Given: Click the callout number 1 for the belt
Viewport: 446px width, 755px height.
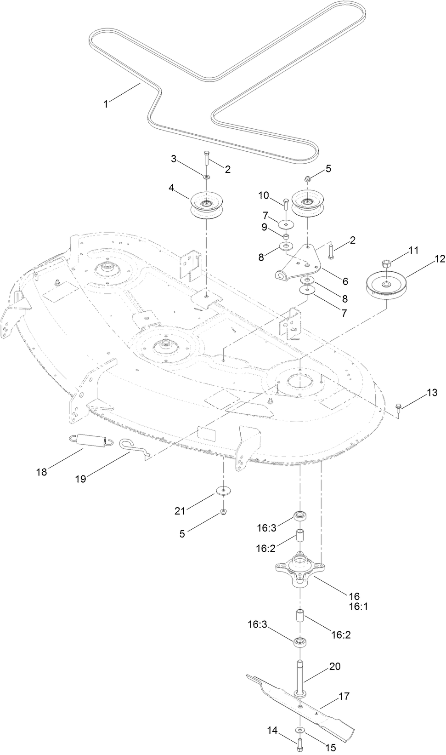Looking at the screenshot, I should point(106,104).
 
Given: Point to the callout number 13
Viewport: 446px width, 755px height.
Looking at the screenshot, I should point(432,393).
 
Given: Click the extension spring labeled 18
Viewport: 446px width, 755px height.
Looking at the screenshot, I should point(94,441).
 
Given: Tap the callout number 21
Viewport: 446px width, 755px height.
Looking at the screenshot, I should point(181,510).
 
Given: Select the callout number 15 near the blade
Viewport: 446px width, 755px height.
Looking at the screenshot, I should point(331,748).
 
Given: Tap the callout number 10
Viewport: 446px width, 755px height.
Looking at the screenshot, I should point(263,195).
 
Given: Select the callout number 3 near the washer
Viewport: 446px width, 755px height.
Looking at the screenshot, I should point(174,159).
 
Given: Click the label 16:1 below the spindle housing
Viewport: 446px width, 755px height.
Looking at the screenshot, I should point(358,606).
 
